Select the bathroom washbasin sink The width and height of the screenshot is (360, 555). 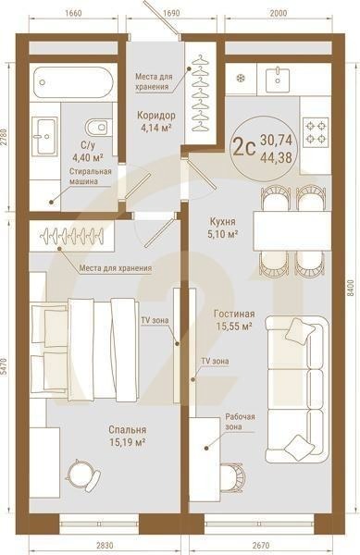point(43,139)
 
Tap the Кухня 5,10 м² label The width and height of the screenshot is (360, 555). point(222,228)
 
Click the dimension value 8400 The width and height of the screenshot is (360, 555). point(351,289)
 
